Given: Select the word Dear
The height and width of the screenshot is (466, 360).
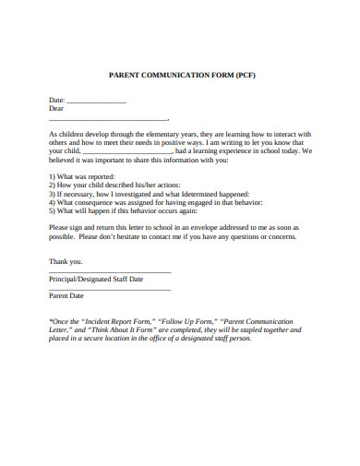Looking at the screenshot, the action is [55, 108].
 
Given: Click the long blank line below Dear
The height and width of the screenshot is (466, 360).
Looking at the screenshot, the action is [108, 120].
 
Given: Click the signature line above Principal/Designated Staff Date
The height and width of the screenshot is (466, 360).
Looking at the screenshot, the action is [109, 272].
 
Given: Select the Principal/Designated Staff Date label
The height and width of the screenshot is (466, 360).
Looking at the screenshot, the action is [95, 278].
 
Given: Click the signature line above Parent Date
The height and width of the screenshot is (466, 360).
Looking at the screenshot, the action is [109, 290].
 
